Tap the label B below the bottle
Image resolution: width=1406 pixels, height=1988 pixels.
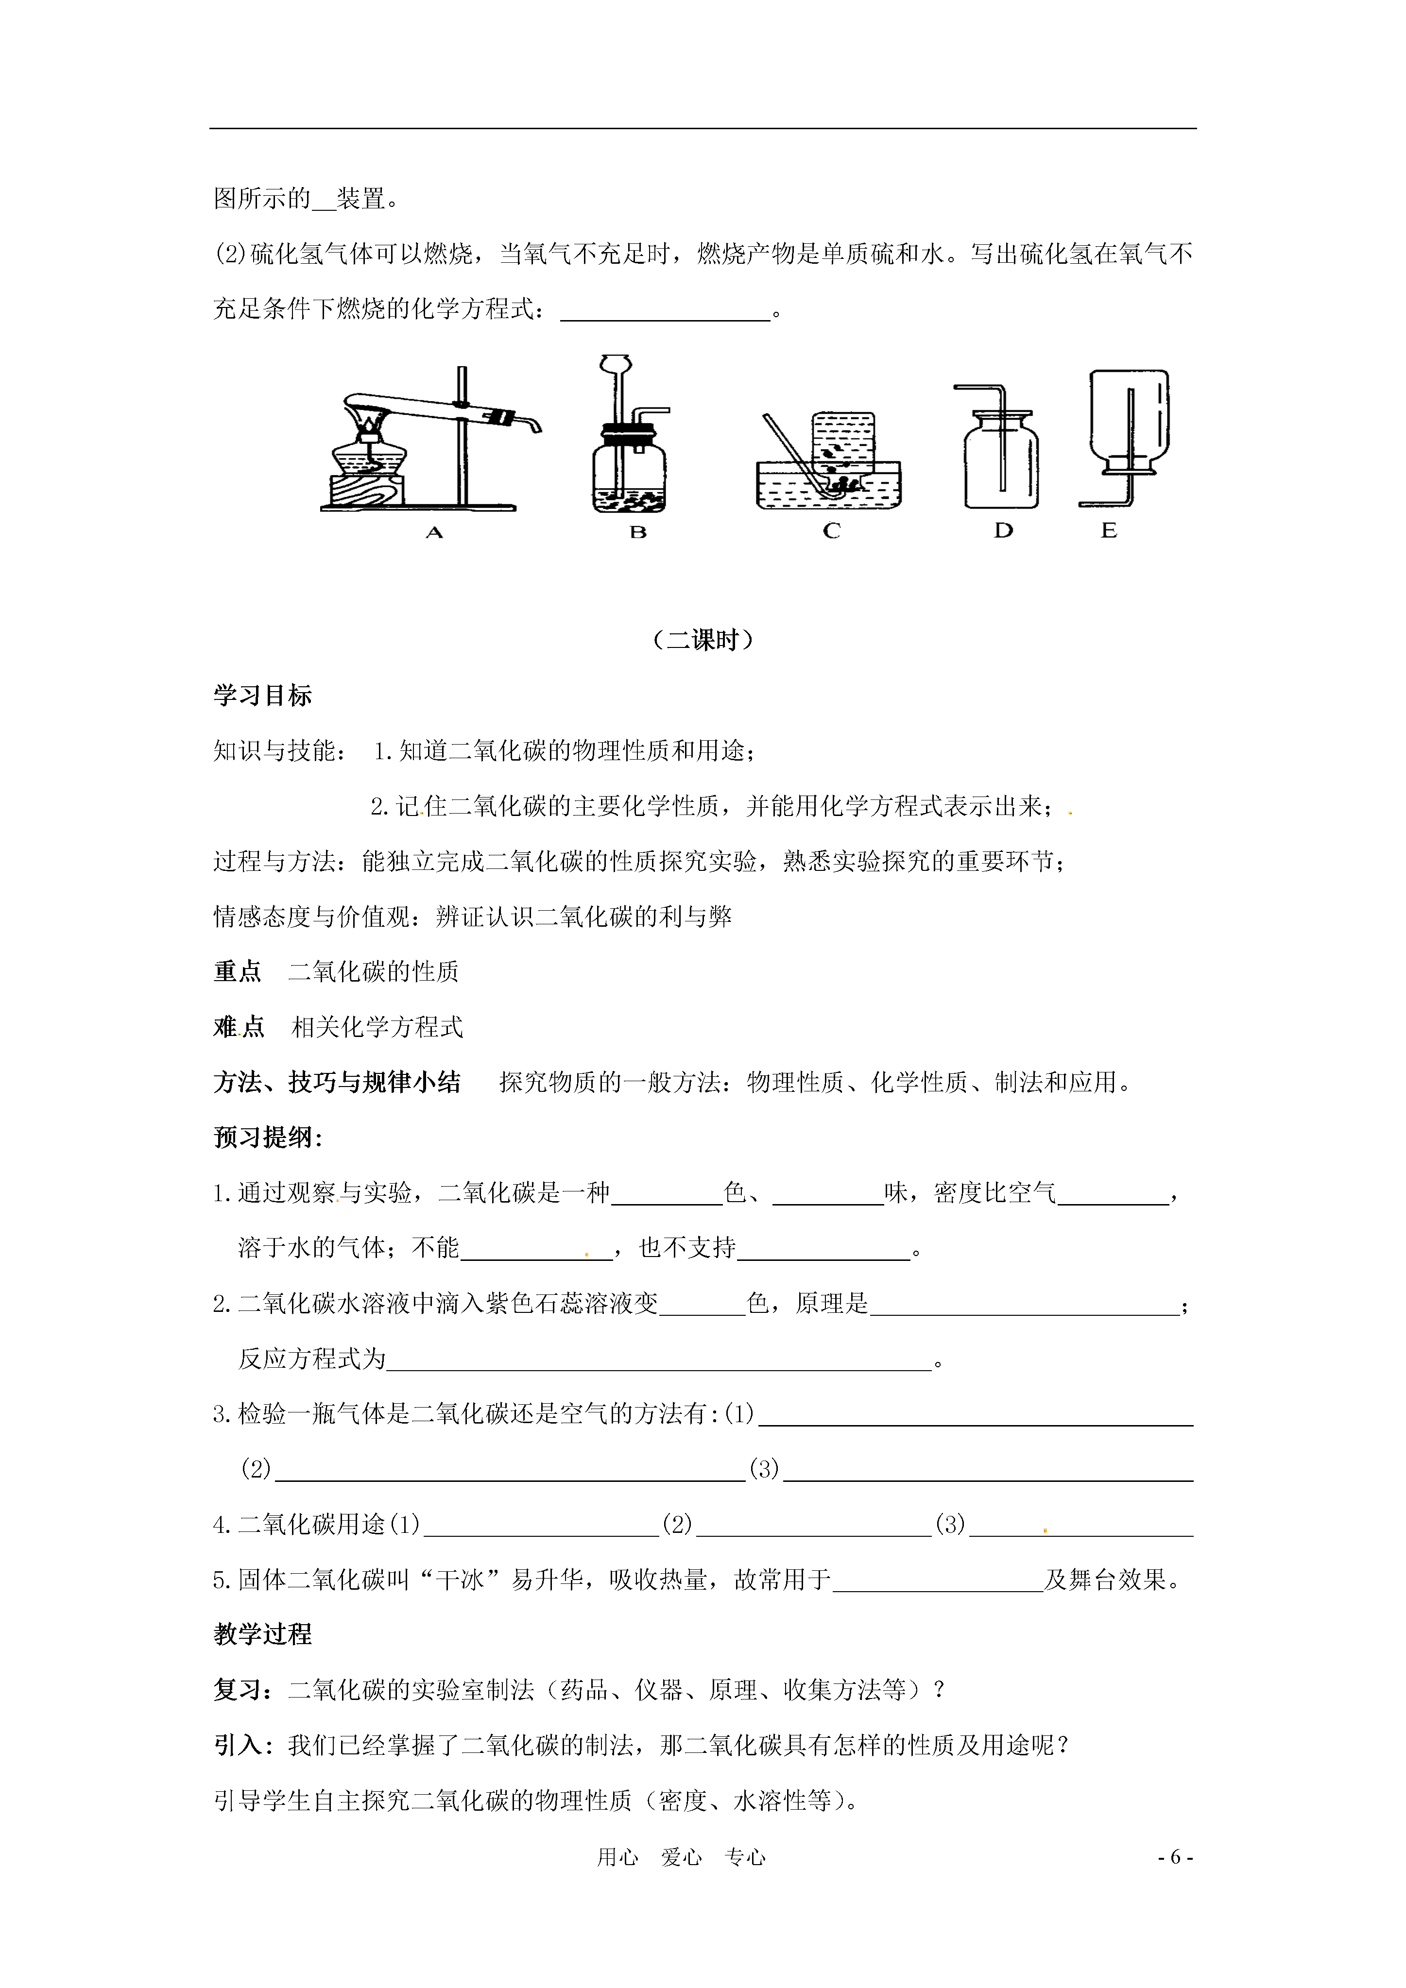[x=638, y=532]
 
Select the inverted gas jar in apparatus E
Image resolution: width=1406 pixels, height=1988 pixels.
[x=1129, y=420]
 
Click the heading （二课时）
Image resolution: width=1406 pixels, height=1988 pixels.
[x=703, y=640]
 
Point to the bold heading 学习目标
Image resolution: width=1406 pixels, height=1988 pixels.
[x=262, y=695]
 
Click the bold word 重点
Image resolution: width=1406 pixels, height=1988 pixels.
[x=238, y=972]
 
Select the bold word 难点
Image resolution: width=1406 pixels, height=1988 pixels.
[x=238, y=1028]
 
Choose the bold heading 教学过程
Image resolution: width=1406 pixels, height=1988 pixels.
[x=262, y=1635]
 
